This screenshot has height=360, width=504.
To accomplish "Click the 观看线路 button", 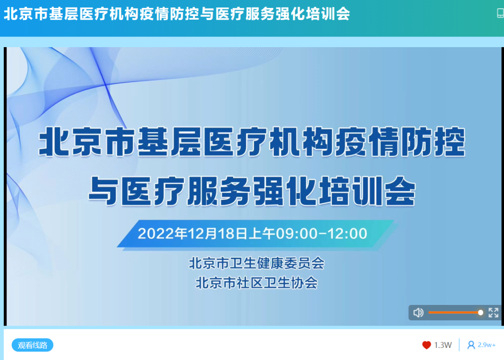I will pyautogui.click(x=33, y=345).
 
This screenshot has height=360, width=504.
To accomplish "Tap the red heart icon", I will pyautogui.click(x=427, y=345).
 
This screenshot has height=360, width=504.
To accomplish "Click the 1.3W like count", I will pyautogui.click(x=443, y=345).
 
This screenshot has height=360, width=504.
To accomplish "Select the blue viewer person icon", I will pyautogui.click(x=471, y=345).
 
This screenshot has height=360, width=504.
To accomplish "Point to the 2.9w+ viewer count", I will pyautogui.click(x=487, y=345).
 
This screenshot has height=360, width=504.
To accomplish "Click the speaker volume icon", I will pyautogui.click(x=418, y=312).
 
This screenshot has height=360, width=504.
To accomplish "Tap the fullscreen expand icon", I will pyautogui.click(x=493, y=312).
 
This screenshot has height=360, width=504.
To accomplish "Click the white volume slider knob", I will pyautogui.click(x=480, y=312).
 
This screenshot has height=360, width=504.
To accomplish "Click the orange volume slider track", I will pyautogui.click(x=453, y=312).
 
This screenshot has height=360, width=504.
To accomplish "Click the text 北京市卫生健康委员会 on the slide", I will pyautogui.click(x=256, y=263).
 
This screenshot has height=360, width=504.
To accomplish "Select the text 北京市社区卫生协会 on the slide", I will pyautogui.click(x=256, y=283).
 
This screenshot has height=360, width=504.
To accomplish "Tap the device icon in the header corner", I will pyautogui.click(x=500, y=14).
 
